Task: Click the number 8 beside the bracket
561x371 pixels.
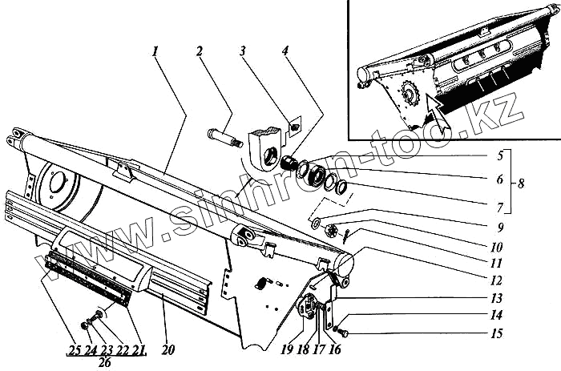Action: [x=523, y=182]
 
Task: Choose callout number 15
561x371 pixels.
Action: [x=498, y=333]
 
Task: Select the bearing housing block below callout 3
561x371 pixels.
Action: [x=266, y=144]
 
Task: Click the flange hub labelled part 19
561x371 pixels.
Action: [x=302, y=308]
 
